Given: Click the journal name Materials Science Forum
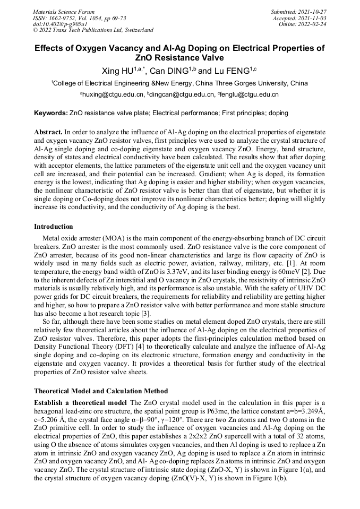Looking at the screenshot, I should (x=64, y=12).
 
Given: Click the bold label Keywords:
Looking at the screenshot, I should (x=51, y=113).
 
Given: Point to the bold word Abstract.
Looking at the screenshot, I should (x=48, y=131).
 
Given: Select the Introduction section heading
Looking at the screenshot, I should (x=54, y=227).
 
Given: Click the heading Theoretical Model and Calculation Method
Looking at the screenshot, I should (x=101, y=391).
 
